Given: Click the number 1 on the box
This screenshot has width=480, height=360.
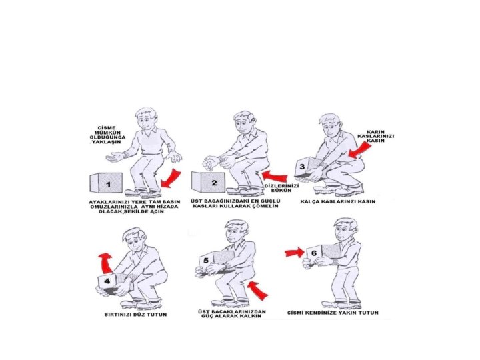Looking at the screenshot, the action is tap(109, 185).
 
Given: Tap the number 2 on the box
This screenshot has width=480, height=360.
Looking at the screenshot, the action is tap(214, 183).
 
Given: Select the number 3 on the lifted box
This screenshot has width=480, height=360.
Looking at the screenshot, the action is tap(302, 167).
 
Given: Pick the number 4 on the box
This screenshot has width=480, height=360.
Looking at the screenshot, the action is tap(107, 281).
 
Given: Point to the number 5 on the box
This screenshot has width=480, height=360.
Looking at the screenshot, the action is tap(206, 260).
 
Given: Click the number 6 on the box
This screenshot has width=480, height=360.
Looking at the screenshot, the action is tap(314, 253).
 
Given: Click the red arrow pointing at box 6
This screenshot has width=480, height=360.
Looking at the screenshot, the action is tap(295, 253).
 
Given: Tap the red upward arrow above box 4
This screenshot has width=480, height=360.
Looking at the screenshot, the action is tap(105, 263).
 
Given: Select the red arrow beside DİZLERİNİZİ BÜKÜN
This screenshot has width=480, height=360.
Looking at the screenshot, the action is tap(275, 176).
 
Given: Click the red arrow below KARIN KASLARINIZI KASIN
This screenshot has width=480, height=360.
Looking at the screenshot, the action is tap(360, 150).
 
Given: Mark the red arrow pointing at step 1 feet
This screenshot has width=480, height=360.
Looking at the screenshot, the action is tap(171, 178).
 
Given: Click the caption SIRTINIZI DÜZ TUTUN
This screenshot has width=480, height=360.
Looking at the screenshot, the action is tap(135, 315).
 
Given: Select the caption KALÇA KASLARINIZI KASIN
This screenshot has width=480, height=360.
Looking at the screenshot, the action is tap(337, 201).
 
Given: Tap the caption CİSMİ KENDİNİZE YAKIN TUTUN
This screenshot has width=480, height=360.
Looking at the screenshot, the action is tap(333, 313).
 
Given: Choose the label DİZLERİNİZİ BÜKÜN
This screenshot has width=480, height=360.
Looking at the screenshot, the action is tap(281, 188).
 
